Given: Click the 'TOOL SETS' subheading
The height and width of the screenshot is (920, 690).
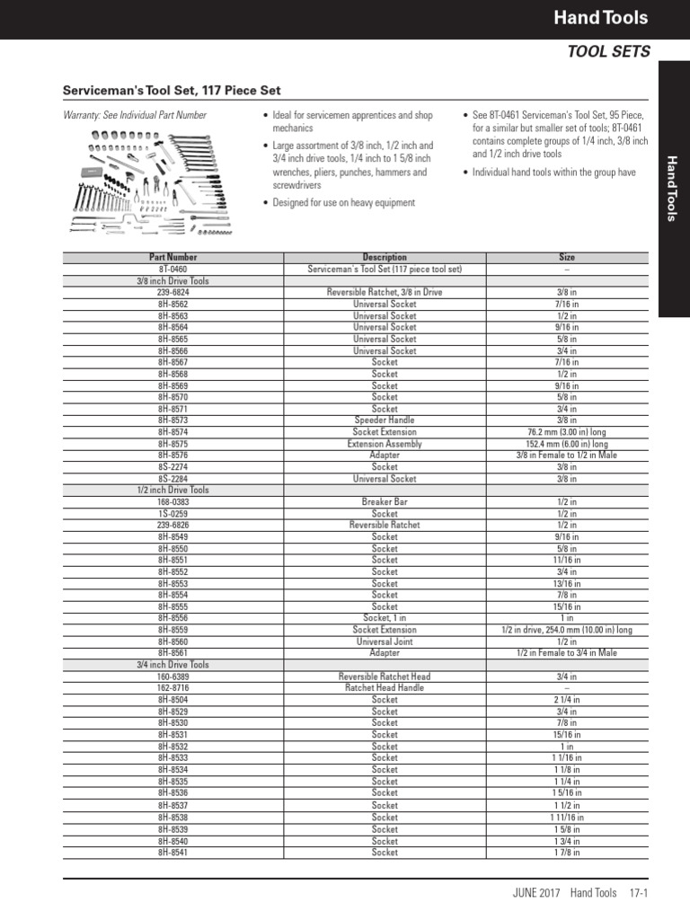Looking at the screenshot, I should tap(607, 52).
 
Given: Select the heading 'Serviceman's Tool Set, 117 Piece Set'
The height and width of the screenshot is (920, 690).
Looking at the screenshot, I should tap(171, 92).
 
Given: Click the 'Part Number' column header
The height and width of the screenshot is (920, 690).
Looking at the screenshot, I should tap(172, 257).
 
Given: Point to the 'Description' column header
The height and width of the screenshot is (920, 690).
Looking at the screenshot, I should tap(385, 257).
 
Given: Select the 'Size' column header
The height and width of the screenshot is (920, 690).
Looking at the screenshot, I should tap(567, 257).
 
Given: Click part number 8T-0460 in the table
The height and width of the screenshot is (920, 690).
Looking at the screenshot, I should tap(172, 269).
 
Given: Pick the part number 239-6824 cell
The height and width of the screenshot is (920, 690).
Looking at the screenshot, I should tap(172, 292).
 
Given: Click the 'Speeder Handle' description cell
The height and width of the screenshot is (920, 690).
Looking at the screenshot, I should tap(385, 420).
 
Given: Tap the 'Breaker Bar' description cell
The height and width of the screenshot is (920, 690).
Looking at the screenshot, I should tap(385, 501).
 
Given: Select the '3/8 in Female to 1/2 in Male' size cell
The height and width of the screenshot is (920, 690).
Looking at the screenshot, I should tap(567, 456).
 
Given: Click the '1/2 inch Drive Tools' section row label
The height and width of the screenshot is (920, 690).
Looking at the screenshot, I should tap(172, 490).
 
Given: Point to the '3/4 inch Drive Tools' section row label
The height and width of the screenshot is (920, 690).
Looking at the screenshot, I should tap(172, 665).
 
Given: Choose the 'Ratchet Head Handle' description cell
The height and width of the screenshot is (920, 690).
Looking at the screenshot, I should tap(385, 688).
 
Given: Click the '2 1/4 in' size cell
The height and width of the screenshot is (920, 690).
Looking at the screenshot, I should tap(567, 700).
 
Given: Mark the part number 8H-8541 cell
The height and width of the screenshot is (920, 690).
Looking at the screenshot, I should tap(172, 853).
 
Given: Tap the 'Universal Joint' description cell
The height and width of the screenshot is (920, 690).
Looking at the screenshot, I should tap(385, 641).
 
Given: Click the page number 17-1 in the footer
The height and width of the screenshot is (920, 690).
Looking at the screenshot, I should tap(639, 893).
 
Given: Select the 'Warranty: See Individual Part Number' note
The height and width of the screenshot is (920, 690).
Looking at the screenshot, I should tap(135, 115).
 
